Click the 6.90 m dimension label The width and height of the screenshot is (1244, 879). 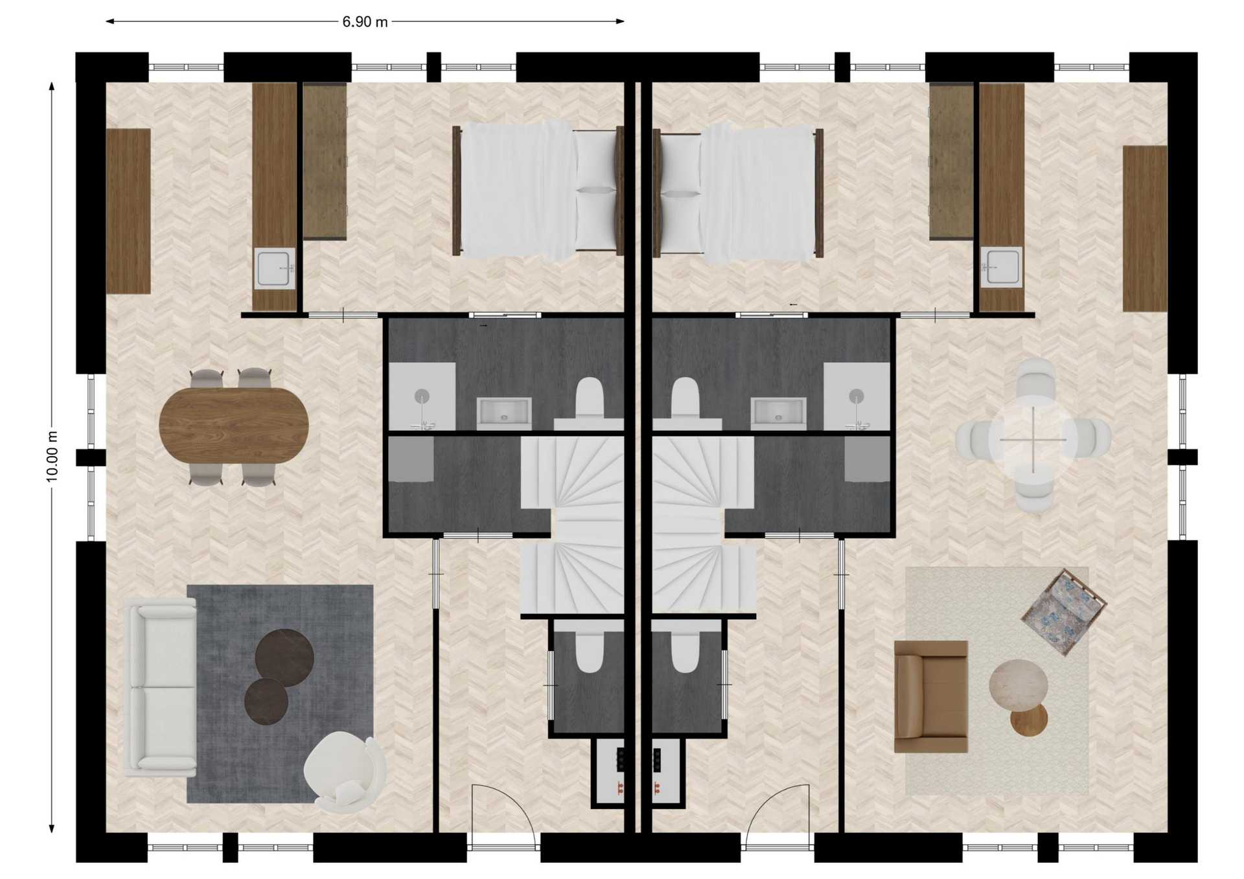pyautogui.click(x=365, y=22)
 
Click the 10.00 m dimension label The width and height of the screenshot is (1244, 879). pyautogui.click(x=52, y=455)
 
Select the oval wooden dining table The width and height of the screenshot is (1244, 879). pyautogui.click(x=234, y=425)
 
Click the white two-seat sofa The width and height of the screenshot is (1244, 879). pyautogui.click(x=160, y=687)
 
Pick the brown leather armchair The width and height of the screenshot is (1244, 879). pyautogui.click(x=931, y=697)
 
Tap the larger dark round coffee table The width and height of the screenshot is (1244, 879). pyautogui.click(x=284, y=658)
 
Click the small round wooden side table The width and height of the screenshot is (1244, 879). pyautogui.click(x=1029, y=719)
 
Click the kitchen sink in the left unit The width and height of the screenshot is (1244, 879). pyautogui.click(x=275, y=268)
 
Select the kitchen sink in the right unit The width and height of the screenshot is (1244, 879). pyautogui.click(x=1001, y=266)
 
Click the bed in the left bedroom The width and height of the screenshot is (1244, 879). pyautogui.click(x=538, y=190)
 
